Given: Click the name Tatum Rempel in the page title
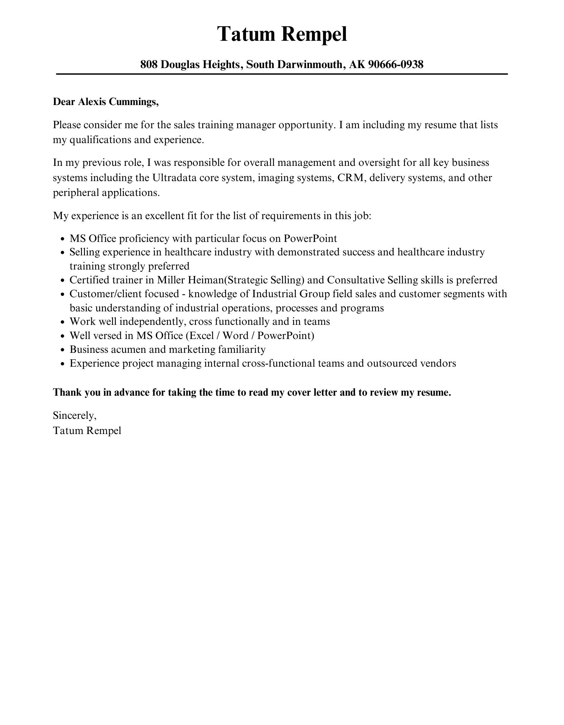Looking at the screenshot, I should tap(282, 34).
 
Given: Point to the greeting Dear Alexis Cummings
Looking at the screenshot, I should tap(106, 102).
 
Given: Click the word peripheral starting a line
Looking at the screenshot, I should tap(76, 192).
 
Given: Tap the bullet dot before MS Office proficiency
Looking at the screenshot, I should tap(63, 239).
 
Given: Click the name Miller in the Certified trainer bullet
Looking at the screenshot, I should tap(171, 280).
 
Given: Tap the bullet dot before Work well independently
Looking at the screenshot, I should tap(63, 322).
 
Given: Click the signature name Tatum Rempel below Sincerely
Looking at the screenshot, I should tap(87, 431).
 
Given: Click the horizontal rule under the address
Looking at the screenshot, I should tap(282, 74).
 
